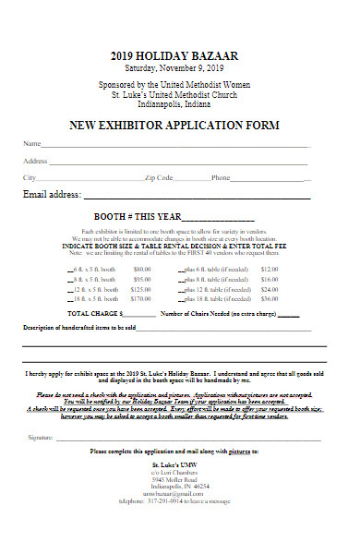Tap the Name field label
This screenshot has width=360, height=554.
click(31, 144)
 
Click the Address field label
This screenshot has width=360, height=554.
click(35, 161)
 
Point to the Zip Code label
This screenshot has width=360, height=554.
click(159, 177)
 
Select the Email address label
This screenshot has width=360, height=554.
click(53, 195)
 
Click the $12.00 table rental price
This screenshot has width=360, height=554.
click(270, 268)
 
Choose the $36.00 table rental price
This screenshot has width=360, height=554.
click(270, 299)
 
